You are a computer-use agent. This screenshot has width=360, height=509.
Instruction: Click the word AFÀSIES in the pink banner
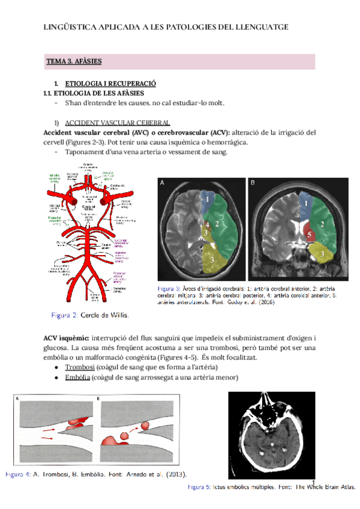click(x=88, y=61)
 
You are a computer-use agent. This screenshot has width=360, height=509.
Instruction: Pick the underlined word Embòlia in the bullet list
click(x=78, y=377)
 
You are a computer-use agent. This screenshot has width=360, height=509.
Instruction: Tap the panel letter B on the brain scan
click(x=253, y=182)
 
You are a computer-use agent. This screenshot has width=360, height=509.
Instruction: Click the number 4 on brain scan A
click(x=207, y=224)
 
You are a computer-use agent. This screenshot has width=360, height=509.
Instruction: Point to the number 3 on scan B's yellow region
click(x=323, y=254)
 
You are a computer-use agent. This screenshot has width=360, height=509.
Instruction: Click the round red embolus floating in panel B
click(x=146, y=427)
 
